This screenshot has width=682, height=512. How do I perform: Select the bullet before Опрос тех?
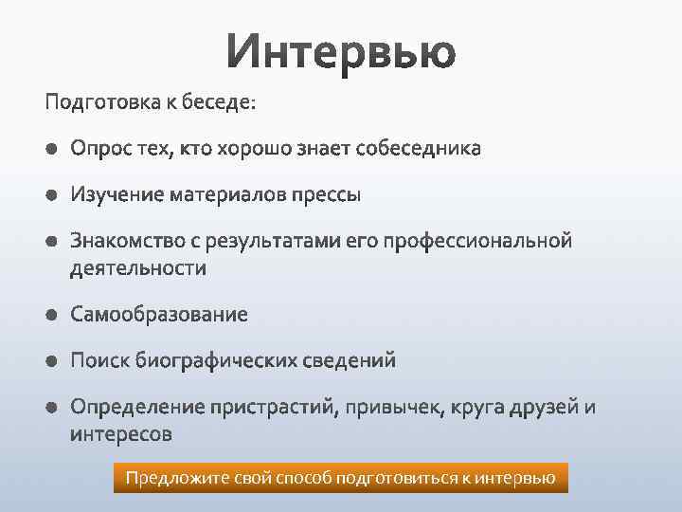pos(50,149)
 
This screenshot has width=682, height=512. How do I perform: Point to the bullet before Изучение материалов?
pos(50,195)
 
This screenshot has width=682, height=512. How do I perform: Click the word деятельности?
pos(137,268)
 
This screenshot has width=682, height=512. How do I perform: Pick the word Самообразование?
pos(158,315)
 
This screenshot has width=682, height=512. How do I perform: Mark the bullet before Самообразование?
pos(50,315)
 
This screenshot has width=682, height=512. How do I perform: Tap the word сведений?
pos(350,361)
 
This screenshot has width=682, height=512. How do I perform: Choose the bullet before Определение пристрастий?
pos(50,408)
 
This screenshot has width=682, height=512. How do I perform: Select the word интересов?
pos(121,435)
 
